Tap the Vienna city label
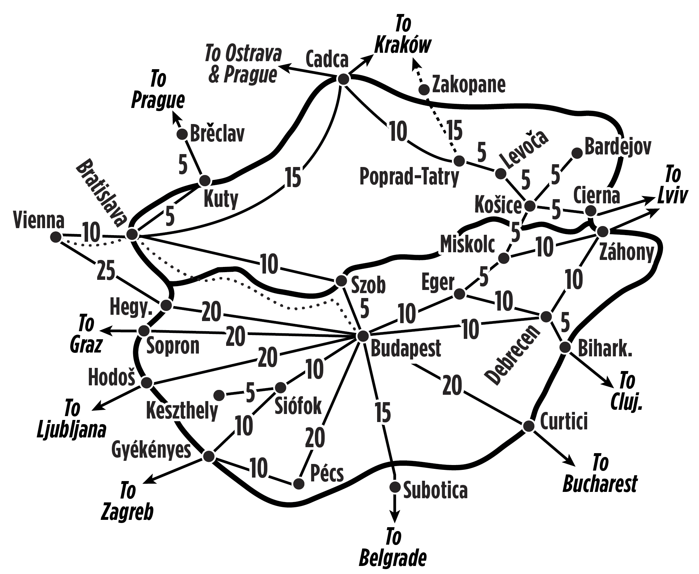click(x=39, y=221)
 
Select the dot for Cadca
click(x=344, y=79)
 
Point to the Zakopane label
click(x=469, y=85)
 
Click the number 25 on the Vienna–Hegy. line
click(x=106, y=270)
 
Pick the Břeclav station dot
click(x=182, y=134)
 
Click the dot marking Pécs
click(x=298, y=484)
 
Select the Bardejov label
click(x=618, y=147)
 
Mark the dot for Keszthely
click(x=219, y=395)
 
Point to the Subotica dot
click(x=395, y=486)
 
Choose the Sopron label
click(x=173, y=346)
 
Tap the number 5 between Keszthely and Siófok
click(x=250, y=393)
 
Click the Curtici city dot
click(x=528, y=426)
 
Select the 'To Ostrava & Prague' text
click(x=243, y=64)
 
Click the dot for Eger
click(x=459, y=294)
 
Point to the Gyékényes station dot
click(x=209, y=456)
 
